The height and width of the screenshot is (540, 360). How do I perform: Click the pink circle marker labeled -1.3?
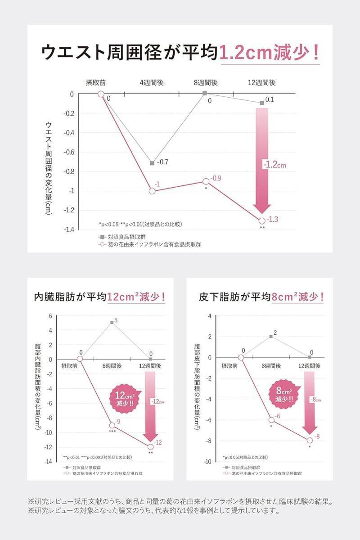[x=262, y=220]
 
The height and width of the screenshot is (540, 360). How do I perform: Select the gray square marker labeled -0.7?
[x=152, y=163]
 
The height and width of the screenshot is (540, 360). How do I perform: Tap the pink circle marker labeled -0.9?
[x=206, y=181]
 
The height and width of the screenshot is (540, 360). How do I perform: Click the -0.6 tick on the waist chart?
[x=68, y=152]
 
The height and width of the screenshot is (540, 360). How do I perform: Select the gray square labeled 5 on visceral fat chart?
[x=112, y=322]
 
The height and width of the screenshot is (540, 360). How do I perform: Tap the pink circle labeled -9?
[x=112, y=425]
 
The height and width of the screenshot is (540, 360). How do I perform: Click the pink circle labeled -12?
[x=150, y=446]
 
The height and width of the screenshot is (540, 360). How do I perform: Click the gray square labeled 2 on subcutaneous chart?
[x=271, y=336]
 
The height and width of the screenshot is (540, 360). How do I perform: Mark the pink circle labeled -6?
[x=271, y=420]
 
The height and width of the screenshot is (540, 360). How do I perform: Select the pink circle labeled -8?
[x=310, y=440]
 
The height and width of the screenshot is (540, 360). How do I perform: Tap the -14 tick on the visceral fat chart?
[x=47, y=462]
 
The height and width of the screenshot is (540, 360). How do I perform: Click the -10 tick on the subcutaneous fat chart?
[x=207, y=462]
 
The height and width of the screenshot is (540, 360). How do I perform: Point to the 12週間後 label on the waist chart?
[x=261, y=83]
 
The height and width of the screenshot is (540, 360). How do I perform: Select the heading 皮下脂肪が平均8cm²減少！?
[x=261, y=297]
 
